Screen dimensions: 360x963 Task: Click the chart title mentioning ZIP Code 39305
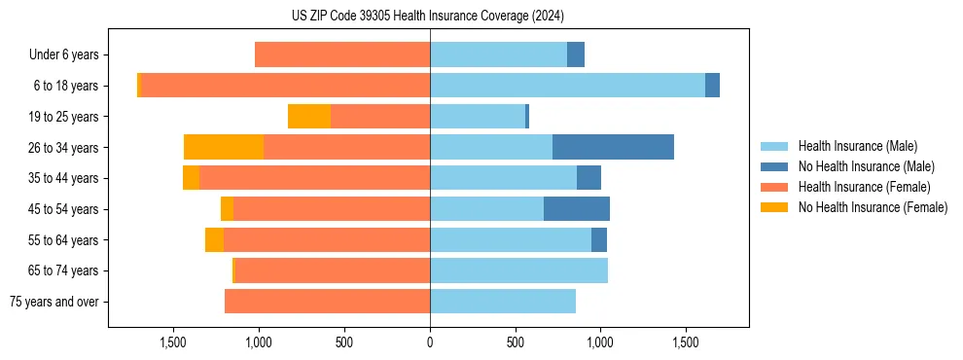coord(428,17)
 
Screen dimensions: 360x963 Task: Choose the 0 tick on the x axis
coord(430,342)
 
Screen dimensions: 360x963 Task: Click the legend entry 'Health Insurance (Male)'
coord(857,146)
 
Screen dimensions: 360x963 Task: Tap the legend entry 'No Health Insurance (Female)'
coord(873,207)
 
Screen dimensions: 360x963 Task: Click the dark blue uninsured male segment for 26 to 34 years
coord(613,147)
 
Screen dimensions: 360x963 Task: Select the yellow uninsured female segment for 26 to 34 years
coord(224,147)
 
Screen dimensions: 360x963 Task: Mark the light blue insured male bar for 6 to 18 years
coord(567,86)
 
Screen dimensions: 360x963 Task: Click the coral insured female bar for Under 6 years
coord(342,54)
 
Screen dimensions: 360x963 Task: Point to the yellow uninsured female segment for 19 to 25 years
coord(309,117)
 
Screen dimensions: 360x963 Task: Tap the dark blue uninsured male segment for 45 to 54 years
coord(577,209)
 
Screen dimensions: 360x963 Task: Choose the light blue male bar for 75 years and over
coord(503,302)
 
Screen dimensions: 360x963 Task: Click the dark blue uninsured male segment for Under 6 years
coord(576,54)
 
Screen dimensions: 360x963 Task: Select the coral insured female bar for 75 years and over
coord(327,302)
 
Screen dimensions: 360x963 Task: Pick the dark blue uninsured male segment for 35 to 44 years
coord(588,178)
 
